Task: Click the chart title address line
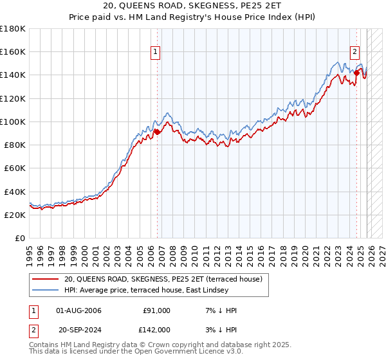coord(193,7)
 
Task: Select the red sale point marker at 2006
coord(156,132)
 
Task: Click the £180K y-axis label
coord(13,29)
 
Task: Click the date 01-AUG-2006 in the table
coord(79,310)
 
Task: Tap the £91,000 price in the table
coord(157,310)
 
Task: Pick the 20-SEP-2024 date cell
coord(79,330)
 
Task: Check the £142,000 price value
coord(157,330)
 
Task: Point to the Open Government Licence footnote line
coord(136,352)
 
